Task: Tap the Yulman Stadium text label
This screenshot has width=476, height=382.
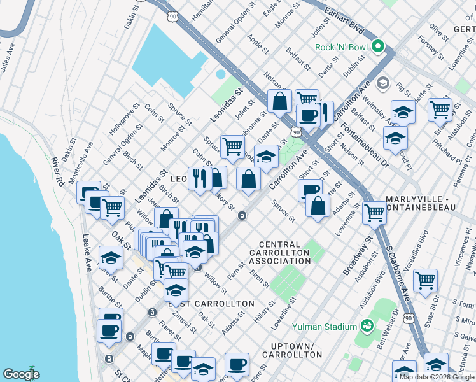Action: [323, 327]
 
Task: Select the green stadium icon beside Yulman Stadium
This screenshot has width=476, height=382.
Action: [367, 326]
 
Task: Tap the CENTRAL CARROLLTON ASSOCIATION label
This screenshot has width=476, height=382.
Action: [279, 253]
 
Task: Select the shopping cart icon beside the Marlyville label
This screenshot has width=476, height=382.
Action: [374, 212]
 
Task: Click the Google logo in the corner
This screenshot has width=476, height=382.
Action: [21, 374]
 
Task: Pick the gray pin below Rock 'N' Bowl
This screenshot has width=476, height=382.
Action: [384, 83]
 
